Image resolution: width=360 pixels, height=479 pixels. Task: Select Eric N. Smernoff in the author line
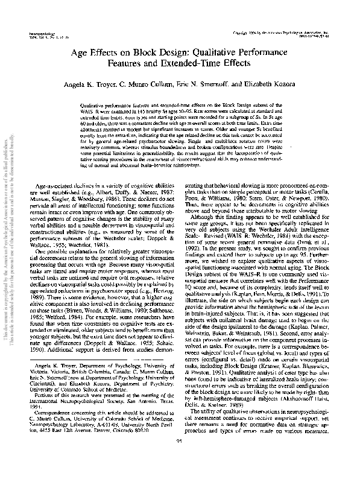(x=222, y=85)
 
